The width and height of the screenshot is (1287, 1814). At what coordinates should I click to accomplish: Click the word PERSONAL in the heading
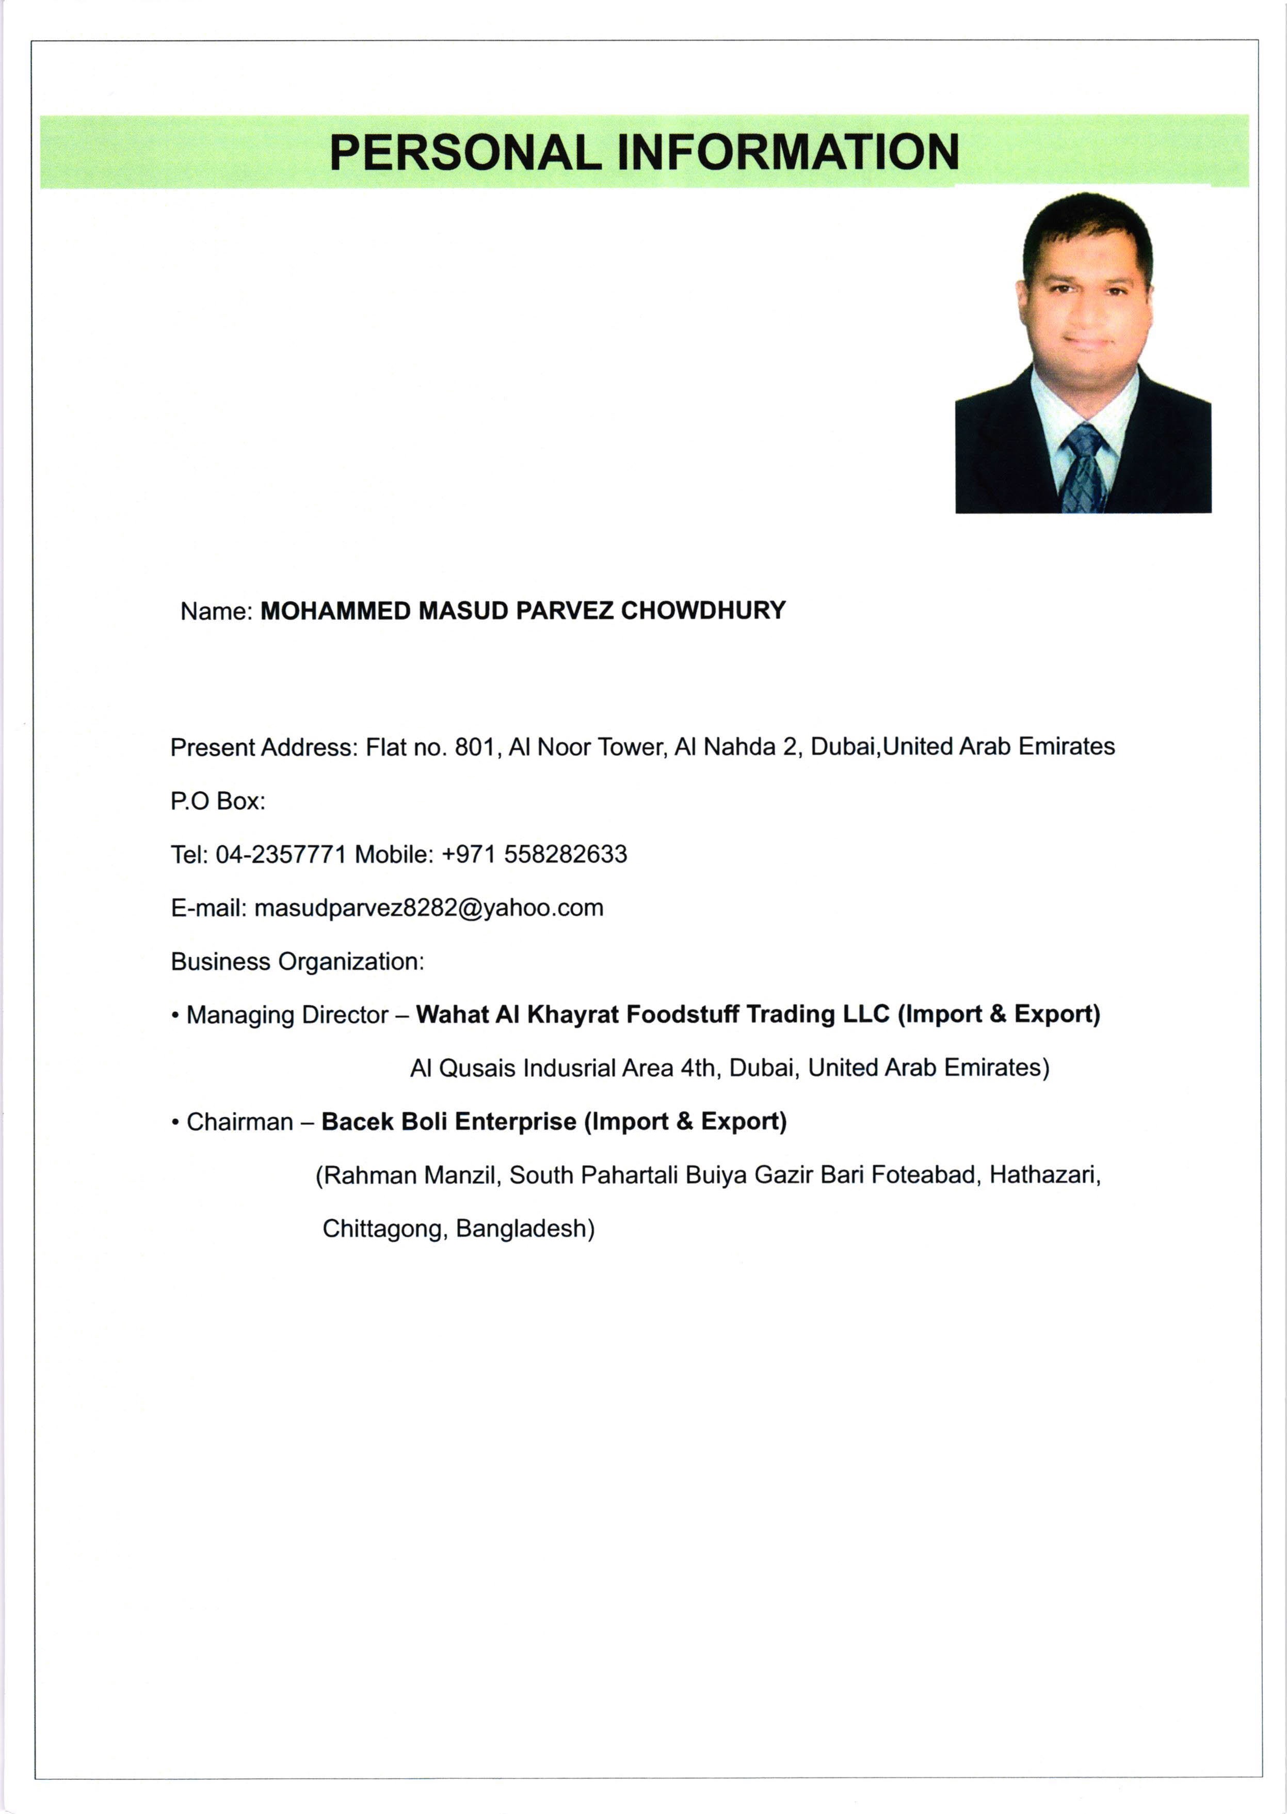tap(465, 152)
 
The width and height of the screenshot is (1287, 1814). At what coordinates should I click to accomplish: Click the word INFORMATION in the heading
tap(789, 152)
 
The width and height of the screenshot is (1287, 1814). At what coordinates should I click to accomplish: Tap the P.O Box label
tap(217, 802)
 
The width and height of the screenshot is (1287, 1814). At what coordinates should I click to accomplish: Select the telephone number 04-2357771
tap(281, 855)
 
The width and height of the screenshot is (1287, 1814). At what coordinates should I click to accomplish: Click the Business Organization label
tap(297, 962)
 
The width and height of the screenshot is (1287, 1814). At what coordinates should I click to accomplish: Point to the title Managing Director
tap(287, 1015)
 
